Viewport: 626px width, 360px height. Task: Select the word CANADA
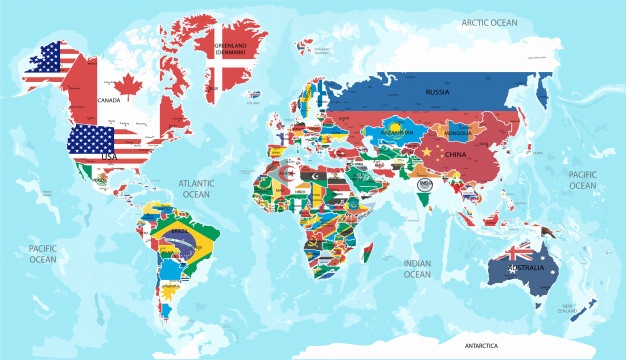108,100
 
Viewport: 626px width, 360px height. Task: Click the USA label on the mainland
109,157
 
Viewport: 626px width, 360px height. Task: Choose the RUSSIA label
437,92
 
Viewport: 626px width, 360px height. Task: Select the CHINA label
455,155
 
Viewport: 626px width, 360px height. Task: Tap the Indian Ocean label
416,268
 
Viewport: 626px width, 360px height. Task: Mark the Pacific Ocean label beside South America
43,253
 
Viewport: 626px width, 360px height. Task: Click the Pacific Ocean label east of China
582,179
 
